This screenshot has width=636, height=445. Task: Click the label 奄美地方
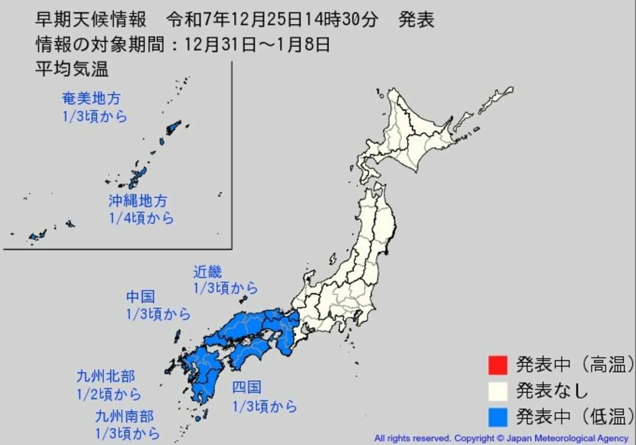pos(91,99)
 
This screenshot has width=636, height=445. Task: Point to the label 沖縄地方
pos(138,201)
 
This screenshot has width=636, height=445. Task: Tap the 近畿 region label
pos(207,272)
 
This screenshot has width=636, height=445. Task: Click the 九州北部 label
pos(105,377)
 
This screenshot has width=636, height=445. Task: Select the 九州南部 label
pos(125,415)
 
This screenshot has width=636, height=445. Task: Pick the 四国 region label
pos(247,388)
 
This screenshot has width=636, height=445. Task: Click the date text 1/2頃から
pos(109,394)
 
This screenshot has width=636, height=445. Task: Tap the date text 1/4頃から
pos(141,218)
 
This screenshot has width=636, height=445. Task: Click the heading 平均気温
pos(72,69)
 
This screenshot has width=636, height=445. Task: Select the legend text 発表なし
pos(552,391)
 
